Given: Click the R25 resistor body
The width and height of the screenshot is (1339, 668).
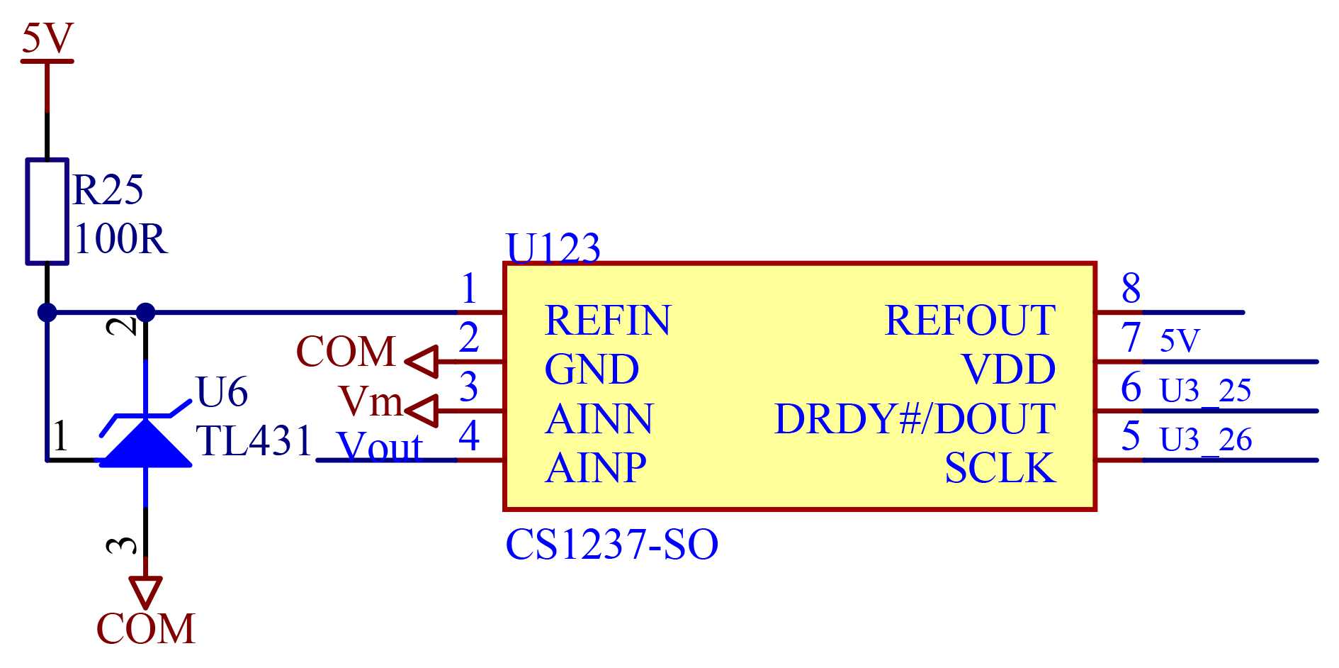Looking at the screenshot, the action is coord(47,211).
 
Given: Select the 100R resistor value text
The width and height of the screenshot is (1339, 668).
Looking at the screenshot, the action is coord(120,239).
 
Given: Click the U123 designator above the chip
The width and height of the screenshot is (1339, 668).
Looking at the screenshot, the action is coord(553,248).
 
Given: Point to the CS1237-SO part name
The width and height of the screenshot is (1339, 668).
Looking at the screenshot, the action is coord(612,545).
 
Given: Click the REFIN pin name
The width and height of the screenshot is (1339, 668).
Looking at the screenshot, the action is coord(607,320).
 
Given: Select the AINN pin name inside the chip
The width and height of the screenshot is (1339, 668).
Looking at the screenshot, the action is coord(599,418).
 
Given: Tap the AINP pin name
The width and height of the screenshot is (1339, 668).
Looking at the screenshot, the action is coord(596,467).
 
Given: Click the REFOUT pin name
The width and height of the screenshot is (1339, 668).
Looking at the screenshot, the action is coord(970,320).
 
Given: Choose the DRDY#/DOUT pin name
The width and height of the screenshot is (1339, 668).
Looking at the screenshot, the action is coord(915,418).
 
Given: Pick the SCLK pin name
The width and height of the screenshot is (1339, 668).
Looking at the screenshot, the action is coord(1000,467).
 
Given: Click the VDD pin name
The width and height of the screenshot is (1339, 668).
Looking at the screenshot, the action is coord(1009,369).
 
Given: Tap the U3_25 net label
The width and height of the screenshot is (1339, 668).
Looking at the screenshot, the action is coord(1205,391).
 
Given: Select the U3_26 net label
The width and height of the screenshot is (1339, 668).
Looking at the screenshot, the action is coord(1206,440).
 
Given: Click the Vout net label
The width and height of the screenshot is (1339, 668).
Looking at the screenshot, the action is coord(380,447).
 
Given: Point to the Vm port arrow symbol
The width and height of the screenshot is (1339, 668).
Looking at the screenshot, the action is coord(421,411).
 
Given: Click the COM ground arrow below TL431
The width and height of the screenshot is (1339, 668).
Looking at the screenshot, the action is coord(145,593).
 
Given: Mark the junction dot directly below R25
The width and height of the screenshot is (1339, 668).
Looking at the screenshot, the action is coord(47,312).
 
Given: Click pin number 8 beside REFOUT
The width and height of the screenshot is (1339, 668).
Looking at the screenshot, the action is coord(1131,288).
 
